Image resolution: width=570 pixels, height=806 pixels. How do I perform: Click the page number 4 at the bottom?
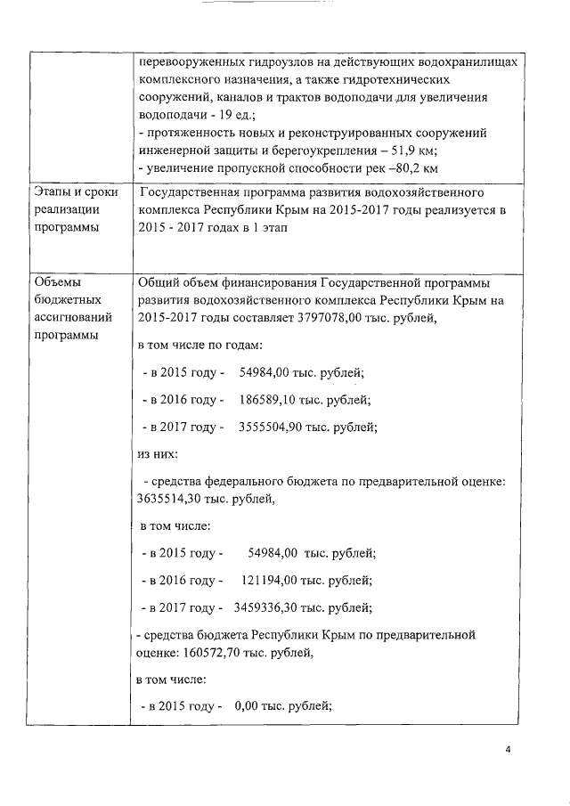tap(508, 750)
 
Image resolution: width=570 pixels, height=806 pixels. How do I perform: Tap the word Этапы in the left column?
tap(53, 193)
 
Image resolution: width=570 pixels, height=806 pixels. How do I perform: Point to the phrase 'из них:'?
tap(159, 454)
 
